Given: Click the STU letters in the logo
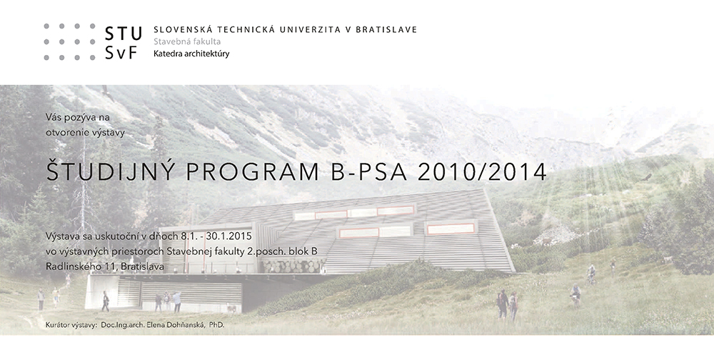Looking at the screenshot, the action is [x=123, y=34].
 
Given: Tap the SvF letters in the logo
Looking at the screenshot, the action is [x=121, y=53].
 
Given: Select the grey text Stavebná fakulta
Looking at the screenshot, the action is [x=187, y=41].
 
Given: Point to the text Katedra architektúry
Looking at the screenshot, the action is [x=191, y=54].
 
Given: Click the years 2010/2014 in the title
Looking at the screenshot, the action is [x=482, y=172].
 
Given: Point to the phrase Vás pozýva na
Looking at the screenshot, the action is [x=77, y=118].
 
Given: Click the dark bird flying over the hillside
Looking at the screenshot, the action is [x=646, y=178].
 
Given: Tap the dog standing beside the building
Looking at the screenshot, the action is [x=232, y=309].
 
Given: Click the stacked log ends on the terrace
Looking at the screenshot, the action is [x=295, y=266].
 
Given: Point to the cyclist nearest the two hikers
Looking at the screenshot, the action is [x=575, y=295].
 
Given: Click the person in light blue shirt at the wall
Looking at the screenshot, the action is [x=177, y=301].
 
